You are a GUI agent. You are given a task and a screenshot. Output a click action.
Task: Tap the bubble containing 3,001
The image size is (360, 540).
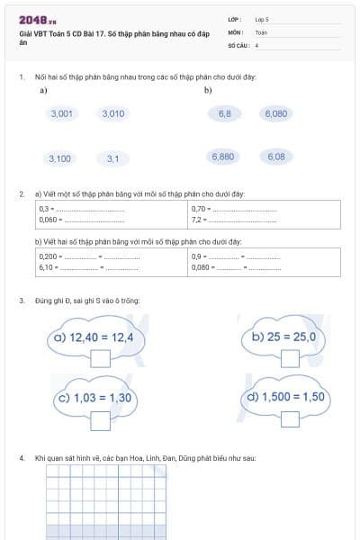pyautogui.click(x=62, y=114)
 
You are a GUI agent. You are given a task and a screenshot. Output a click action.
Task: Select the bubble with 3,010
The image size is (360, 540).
pyautogui.click(x=113, y=114)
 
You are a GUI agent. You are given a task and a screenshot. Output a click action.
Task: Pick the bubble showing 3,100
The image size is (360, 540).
pyautogui.click(x=59, y=158)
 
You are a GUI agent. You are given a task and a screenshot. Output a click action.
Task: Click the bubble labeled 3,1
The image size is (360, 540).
pyautogui.click(x=112, y=158)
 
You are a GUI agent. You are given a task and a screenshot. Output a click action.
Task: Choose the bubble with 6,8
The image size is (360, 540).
pyautogui.click(x=224, y=114)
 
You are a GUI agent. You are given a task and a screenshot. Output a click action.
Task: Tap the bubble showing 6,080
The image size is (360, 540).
pyautogui.click(x=276, y=114)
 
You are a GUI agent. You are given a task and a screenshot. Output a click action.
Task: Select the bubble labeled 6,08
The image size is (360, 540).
pyautogui.click(x=276, y=157)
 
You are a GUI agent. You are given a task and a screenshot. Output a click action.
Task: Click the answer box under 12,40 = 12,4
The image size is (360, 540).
pyautogui.click(x=100, y=358)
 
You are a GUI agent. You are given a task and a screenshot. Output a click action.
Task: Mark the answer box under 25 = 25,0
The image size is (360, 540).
pyautogui.click(x=289, y=358)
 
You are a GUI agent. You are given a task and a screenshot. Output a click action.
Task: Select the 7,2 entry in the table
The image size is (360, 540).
pyautogui.click(x=199, y=220)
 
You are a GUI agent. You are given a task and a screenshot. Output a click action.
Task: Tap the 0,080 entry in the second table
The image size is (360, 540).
pyautogui.click(x=201, y=267)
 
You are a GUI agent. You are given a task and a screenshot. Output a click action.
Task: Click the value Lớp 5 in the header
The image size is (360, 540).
pyautogui.click(x=262, y=19)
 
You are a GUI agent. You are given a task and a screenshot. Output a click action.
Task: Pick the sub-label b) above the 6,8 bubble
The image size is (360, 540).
pyautogui.click(x=208, y=91)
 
